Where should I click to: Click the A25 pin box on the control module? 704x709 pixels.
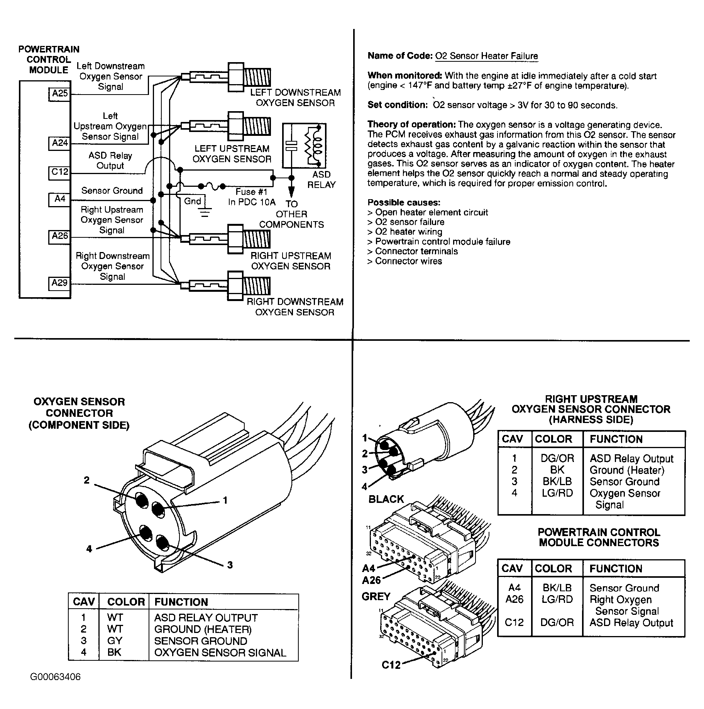click(60, 93)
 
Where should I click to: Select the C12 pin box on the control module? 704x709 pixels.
click(60, 172)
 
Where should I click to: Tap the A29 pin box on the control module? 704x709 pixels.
click(60, 283)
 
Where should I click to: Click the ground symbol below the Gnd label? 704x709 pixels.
click(205, 212)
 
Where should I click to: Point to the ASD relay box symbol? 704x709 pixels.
click(304, 146)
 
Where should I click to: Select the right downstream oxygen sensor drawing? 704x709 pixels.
click(228, 286)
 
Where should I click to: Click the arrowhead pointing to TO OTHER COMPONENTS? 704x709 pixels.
click(291, 191)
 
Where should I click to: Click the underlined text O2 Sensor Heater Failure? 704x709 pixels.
click(486, 56)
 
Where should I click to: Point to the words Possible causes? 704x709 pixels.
click(404, 203)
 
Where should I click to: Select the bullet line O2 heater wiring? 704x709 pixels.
click(408, 232)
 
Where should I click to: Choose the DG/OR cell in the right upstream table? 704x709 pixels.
click(557, 459)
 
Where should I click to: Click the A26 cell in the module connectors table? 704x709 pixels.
click(514, 599)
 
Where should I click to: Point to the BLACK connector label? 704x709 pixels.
click(386, 499)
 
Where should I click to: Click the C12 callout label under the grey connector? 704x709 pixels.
click(391, 665)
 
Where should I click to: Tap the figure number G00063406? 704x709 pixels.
click(56, 688)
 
